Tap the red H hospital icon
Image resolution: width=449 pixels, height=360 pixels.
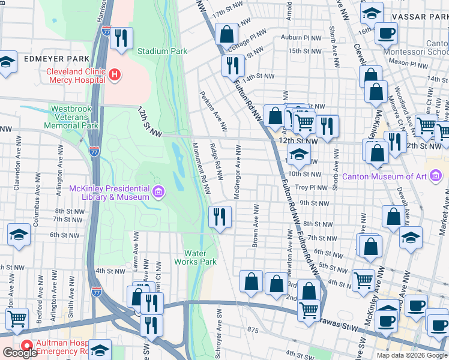tap(114, 75)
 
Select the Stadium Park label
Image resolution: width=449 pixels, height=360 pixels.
tap(162, 52)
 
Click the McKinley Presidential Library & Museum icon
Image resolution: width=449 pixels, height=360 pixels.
tap(158, 192)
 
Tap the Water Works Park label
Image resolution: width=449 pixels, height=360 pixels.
tap(199, 257)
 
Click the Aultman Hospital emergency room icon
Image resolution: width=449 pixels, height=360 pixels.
tap(26, 346)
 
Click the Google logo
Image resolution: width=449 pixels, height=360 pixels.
tap(19, 353)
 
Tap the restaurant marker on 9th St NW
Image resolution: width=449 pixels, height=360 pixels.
tap(220, 216)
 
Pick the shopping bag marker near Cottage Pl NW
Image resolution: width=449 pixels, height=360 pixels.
tap(226, 34)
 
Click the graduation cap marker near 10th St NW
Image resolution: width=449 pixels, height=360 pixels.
tap(298, 154)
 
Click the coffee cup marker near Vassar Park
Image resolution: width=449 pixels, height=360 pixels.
tap(386, 33)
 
